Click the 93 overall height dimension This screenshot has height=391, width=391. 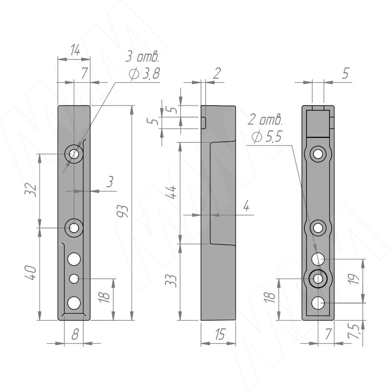123,211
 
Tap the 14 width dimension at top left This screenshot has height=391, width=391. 75,50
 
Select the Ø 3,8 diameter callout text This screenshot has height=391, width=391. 144,74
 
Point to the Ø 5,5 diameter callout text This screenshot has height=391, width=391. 266,137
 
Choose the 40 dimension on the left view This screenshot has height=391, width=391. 31,273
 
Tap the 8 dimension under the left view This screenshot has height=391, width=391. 75,334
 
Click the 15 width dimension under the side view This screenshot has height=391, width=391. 220,334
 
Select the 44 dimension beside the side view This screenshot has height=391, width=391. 172,192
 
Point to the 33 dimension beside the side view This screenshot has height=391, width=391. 171,281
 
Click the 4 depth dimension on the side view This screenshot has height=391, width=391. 246,206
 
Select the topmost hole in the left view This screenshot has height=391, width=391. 74,154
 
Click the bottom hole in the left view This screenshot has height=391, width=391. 74,303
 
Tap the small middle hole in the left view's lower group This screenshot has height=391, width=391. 74,279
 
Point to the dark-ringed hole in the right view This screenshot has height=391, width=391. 318,279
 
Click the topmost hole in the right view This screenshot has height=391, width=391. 318,154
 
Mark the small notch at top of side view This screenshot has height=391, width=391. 203,123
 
